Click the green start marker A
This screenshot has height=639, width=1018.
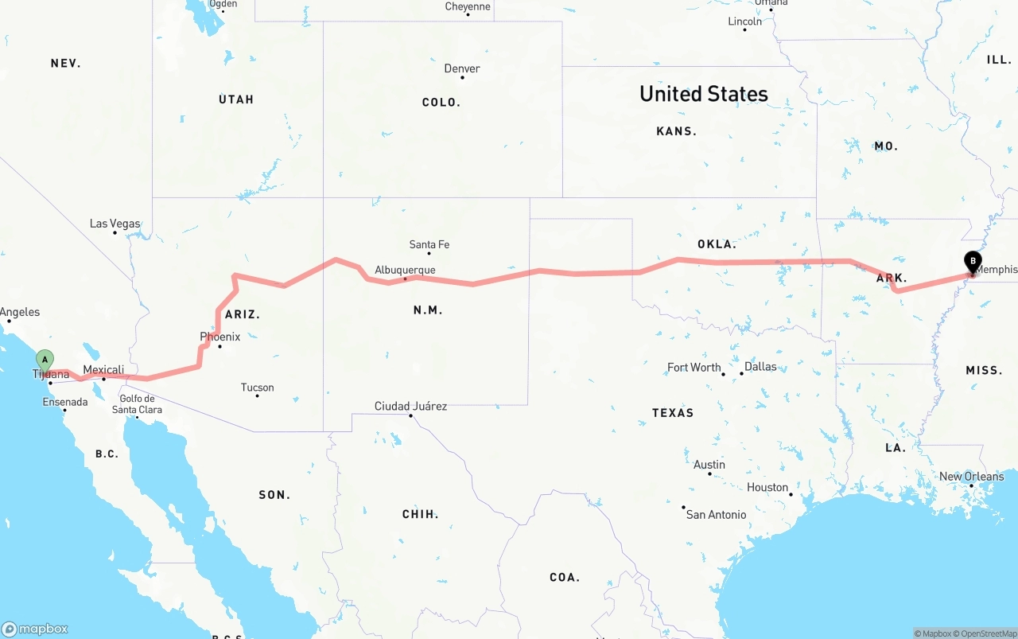click(45, 360)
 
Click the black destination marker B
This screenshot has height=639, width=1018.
click(973, 262)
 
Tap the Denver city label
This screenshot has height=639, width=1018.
click(462, 68)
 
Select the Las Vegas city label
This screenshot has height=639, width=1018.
click(115, 224)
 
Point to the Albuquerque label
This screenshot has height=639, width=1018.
click(405, 270)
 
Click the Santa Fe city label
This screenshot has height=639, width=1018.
click(429, 244)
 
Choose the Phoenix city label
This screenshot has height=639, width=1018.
click(220, 337)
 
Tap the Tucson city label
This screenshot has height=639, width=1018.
click(257, 388)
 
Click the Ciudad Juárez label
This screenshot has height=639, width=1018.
click(410, 406)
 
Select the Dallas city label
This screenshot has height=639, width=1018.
click(760, 367)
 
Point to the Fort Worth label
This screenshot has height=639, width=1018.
click(694, 368)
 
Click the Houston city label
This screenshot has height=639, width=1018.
click(767, 487)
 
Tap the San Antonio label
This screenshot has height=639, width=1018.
click(716, 514)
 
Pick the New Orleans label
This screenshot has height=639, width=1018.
click(971, 477)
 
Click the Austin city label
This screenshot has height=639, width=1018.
click(709, 465)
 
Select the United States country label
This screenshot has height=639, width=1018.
click(703, 94)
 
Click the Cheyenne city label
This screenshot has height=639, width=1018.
click(468, 7)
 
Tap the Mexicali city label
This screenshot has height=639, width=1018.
click(103, 370)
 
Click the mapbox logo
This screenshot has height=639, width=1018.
click(35, 629)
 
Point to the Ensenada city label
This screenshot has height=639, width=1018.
click(65, 402)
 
